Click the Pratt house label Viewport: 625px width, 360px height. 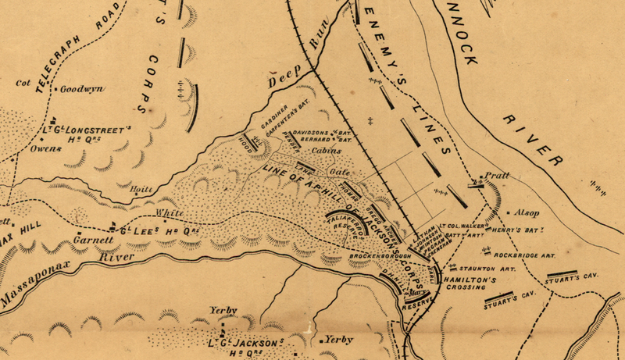point(496,176)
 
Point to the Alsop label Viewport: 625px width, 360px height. point(527,212)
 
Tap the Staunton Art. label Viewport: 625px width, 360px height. point(478,266)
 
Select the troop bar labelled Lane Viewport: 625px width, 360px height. point(305,169)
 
